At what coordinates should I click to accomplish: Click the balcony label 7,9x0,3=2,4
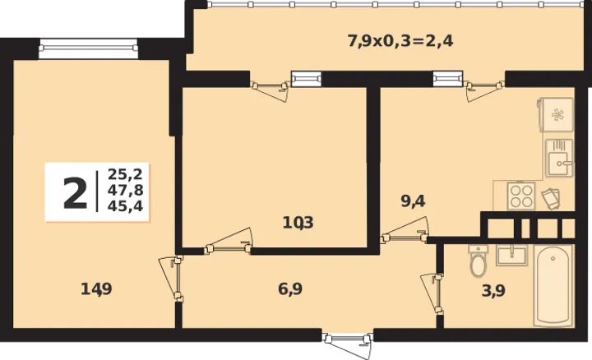pyautogui.click(x=400, y=41)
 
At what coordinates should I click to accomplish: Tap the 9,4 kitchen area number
pyautogui.click(x=413, y=201)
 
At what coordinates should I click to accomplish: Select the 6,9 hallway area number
pyautogui.click(x=290, y=289)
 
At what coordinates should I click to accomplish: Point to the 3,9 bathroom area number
pyautogui.click(x=493, y=291)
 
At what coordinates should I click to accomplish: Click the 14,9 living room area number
pyautogui.click(x=96, y=289)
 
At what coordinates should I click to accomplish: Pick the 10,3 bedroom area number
pyautogui.click(x=298, y=223)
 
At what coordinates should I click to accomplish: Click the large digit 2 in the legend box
pyautogui.click(x=75, y=193)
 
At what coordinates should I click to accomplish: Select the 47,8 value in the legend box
pyautogui.click(x=125, y=190)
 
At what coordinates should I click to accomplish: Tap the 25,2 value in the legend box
pyautogui.click(x=125, y=174)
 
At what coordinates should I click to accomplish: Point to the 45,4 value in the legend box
pyautogui.click(x=125, y=206)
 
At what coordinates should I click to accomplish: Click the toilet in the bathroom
pyautogui.click(x=478, y=261)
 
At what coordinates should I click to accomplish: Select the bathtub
pyautogui.click(x=553, y=286)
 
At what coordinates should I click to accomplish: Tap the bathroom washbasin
pyautogui.click(x=511, y=255)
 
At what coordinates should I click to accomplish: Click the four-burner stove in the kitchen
pyautogui.click(x=521, y=196)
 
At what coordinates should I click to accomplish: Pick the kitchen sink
pyautogui.click(x=559, y=158)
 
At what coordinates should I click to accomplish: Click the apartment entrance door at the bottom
pyautogui.click(x=348, y=343)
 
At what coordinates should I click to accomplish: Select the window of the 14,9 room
pyautogui.click(x=88, y=48)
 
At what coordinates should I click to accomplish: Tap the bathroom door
pyautogui.click(x=433, y=293)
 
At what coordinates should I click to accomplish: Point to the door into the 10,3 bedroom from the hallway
pyautogui.click(x=229, y=242)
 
